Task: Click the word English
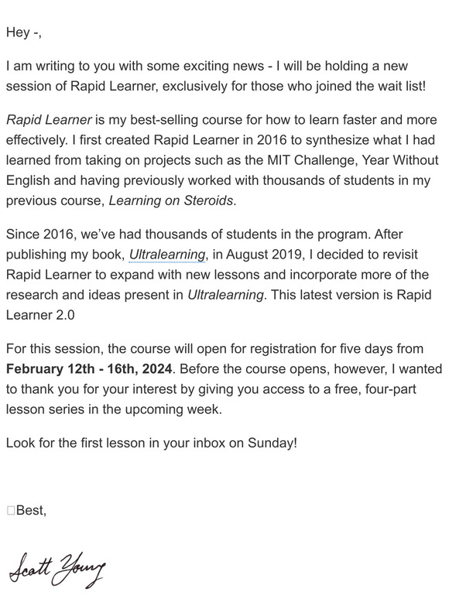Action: pyautogui.click(x=30, y=180)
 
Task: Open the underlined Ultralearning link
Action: pyautogui.click(x=168, y=255)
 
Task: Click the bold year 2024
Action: pyautogui.click(x=157, y=369)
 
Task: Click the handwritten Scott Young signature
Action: pyautogui.click(x=57, y=570)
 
